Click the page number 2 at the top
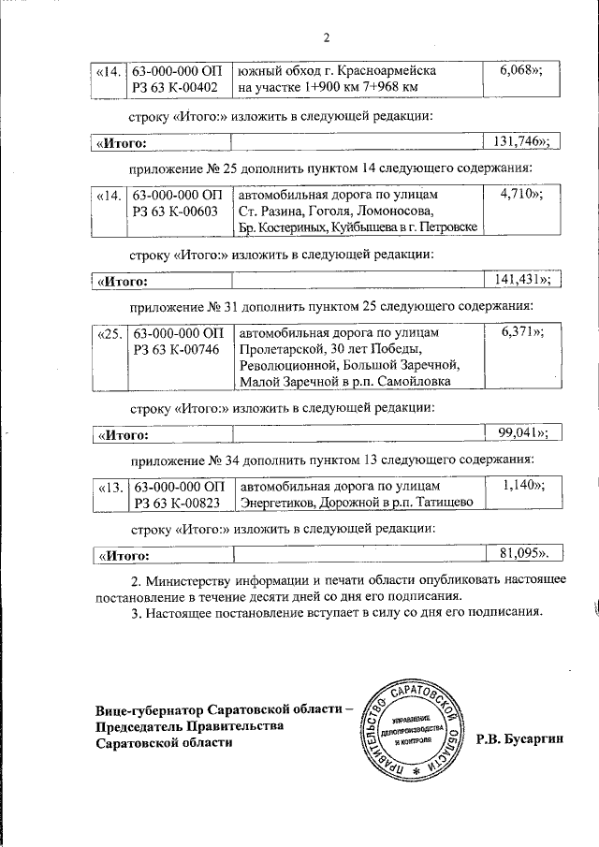(326, 38)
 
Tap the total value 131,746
(518, 141)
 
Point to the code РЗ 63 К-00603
(175, 212)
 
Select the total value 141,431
(518, 279)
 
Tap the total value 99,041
(518, 431)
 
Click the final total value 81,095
(518, 555)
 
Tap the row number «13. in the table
(110, 486)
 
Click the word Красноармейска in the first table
(390, 71)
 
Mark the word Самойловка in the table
(412, 381)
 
